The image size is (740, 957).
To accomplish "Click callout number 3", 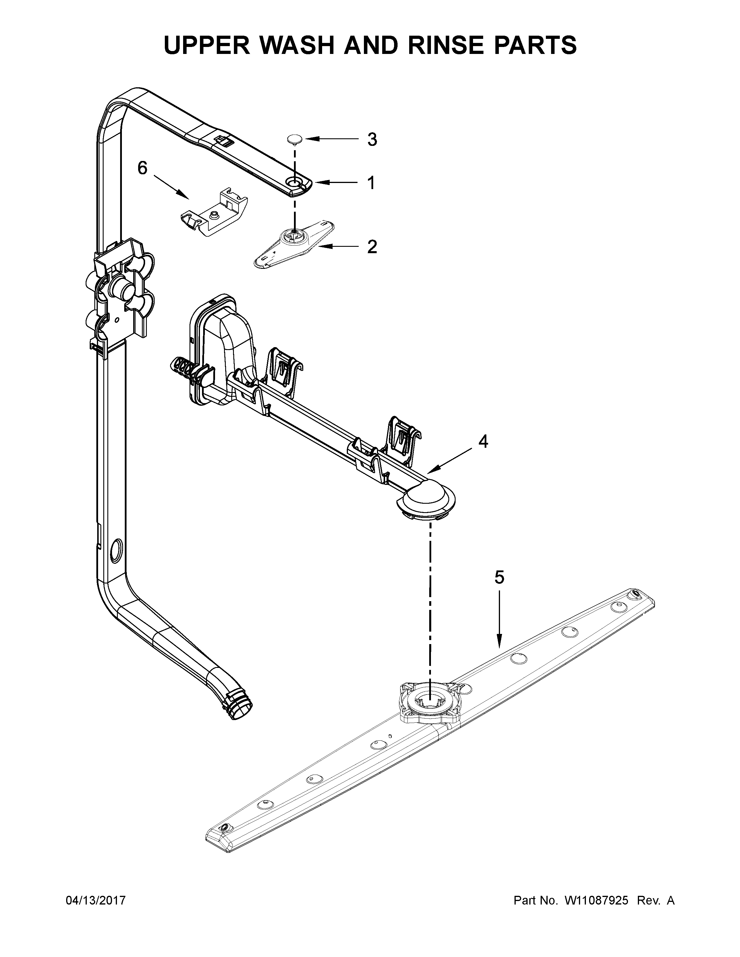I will [372, 140].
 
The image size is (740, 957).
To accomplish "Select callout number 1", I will [371, 183].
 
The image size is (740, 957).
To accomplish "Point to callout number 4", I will [483, 442].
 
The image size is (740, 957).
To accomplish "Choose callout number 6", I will [142, 168].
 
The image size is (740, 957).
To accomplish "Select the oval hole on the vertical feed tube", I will [117, 551].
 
